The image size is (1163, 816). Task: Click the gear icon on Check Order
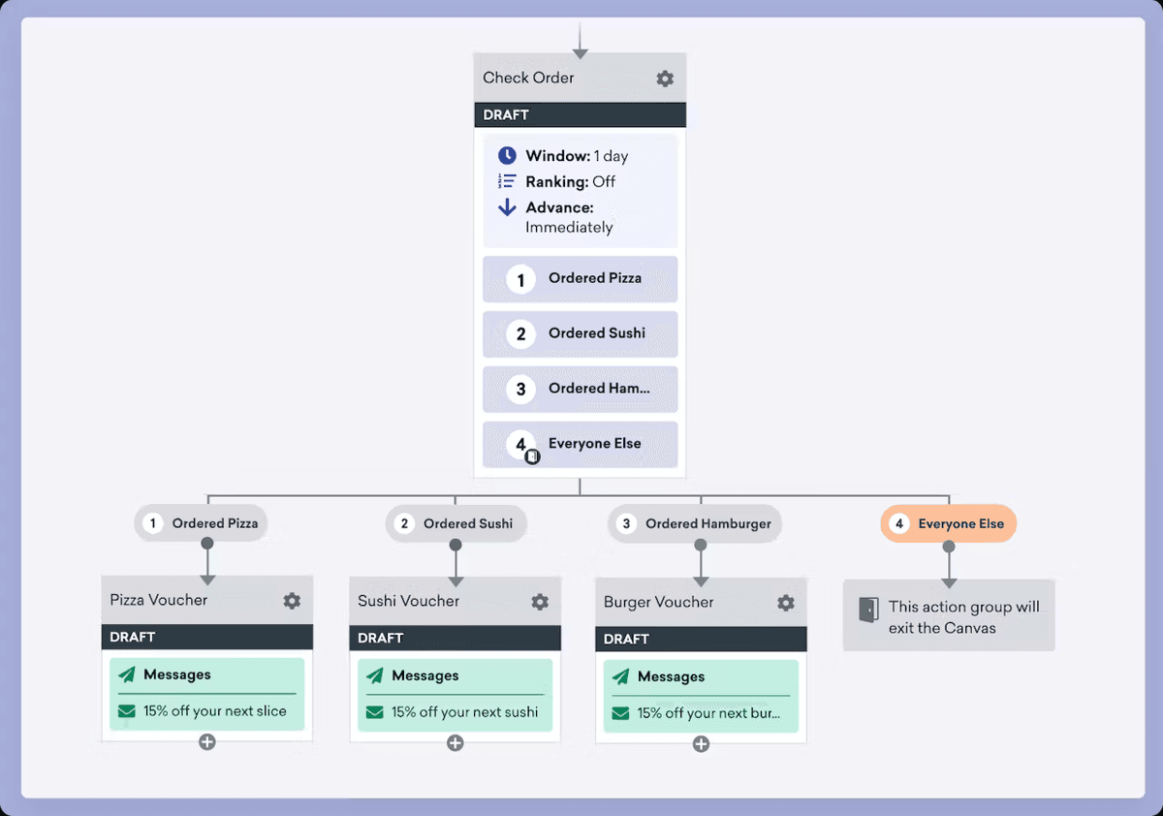[x=665, y=78]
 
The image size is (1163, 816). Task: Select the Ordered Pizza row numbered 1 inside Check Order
[x=580, y=279]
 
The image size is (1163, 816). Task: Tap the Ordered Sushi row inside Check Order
[x=580, y=334]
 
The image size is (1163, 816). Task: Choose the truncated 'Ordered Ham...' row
[x=580, y=390]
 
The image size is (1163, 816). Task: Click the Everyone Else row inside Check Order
[x=580, y=444]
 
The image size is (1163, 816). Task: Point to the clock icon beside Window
[x=507, y=156]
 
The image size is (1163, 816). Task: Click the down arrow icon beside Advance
[x=507, y=207]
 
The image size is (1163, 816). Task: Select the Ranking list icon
[x=507, y=181]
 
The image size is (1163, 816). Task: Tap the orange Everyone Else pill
[x=948, y=524]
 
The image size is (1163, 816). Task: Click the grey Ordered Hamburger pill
[x=695, y=524]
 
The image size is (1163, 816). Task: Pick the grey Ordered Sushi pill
[x=456, y=524]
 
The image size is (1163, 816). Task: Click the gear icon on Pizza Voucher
[x=292, y=601]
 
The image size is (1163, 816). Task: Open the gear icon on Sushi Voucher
[x=540, y=602]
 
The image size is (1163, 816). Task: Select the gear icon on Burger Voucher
[x=786, y=603]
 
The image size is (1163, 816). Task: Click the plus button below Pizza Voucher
[x=207, y=742]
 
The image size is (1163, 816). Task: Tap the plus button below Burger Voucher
[x=701, y=744]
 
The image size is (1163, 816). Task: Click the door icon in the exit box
[x=868, y=611]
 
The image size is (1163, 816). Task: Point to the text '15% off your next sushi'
[x=464, y=712]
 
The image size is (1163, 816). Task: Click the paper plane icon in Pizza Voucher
[x=127, y=675]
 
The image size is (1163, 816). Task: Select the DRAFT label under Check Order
[x=506, y=114]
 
